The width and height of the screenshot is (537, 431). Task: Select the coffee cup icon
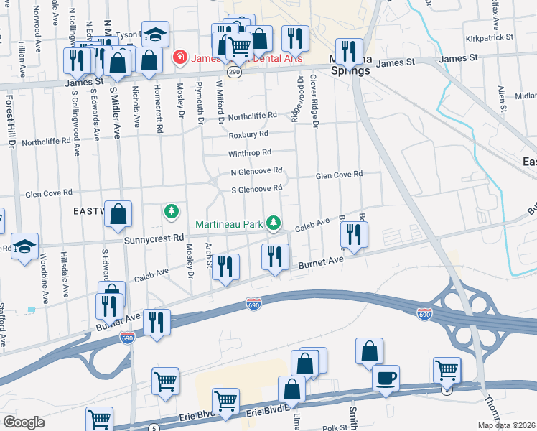386,378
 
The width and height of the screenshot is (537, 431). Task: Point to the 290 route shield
234,72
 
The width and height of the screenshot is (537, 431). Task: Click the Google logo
24,422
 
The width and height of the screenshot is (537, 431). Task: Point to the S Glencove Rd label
256,189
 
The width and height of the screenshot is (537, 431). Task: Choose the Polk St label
334,427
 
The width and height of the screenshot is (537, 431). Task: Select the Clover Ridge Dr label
314,100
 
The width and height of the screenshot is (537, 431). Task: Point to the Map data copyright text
506,425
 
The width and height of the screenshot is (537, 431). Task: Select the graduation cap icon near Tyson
154,34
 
